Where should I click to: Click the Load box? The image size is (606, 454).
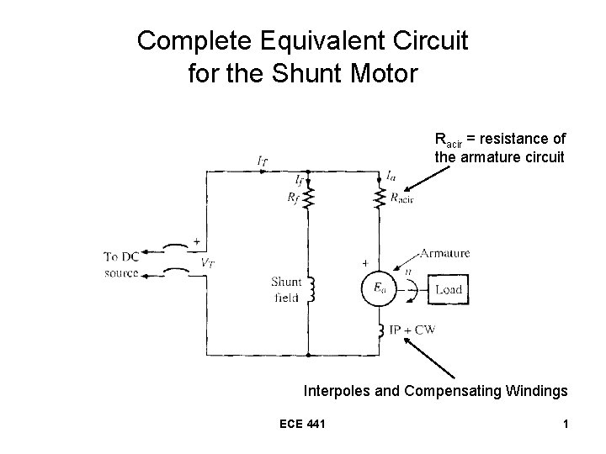(x=448, y=290)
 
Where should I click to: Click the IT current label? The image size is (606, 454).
(x=263, y=160)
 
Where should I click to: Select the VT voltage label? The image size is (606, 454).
(x=207, y=261)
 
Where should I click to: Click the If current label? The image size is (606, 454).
(x=300, y=179)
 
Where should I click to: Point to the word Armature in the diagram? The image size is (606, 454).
(x=444, y=252)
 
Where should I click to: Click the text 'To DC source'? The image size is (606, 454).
(x=122, y=264)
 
